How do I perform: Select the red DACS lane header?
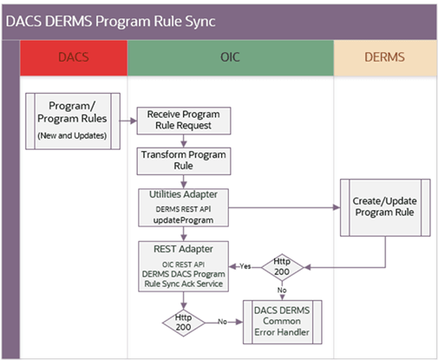pyautogui.click(x=73, y=57)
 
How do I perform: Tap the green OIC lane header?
pyautogui.click(x=230, y=57)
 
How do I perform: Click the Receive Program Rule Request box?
pyautogui.click(x=184, y=121)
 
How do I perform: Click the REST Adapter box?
pyautogui.click(x=184, y=265)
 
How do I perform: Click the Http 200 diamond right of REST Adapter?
pyautogui.click(x=281, y=265)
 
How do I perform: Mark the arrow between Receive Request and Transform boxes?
pyautogui.click(x=184, y=141)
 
